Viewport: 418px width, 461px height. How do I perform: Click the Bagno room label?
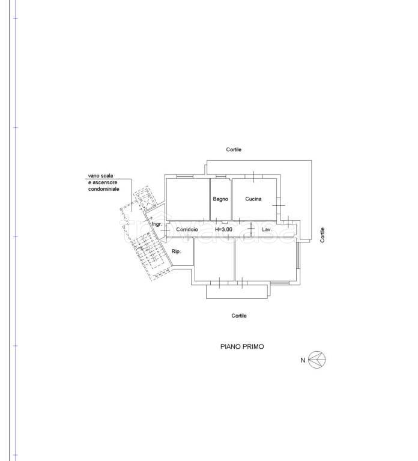[220, 199]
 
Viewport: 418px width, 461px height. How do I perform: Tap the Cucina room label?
[253, 199]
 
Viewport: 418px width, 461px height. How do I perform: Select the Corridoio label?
[187, 229]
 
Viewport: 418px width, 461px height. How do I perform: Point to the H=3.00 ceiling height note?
[223, 229]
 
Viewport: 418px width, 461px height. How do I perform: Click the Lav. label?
[267, 229]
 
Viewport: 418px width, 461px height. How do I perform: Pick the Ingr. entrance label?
[157, 224]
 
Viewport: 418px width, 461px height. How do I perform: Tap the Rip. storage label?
[176, 252]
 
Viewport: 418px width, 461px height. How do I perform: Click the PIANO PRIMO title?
[242, 346]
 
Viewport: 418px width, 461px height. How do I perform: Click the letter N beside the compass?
[303, 360]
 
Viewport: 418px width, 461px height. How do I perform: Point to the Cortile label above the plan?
[234, 149]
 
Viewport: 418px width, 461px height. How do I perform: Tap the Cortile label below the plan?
[239, 316]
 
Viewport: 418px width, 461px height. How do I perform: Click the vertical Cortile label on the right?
[323, 235]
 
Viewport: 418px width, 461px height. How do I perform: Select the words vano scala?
[100, 176]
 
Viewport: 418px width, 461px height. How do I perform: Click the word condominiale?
[103, 189]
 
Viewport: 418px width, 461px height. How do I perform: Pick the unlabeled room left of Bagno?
[187, 199]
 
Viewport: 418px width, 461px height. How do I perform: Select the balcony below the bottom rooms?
[237, 292]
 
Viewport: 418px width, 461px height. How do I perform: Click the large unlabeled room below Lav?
[265, 259]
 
